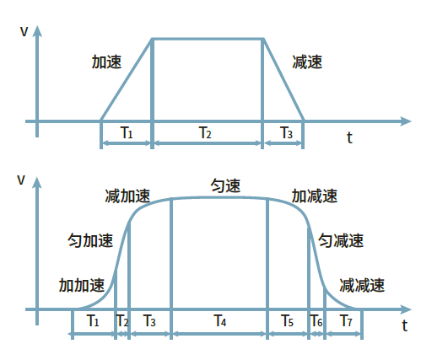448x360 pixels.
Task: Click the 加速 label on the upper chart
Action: pyautogui.click(x=106, y=62)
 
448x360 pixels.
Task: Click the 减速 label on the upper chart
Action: pyautogui.click(x=307, y=62)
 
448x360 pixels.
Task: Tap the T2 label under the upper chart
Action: pyautogui.click(x=205, y=132)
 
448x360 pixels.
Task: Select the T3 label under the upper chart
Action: pyautogui.click(x=286, y=132)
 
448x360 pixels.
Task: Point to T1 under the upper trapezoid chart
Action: pyautogui.click(x=127, y=132)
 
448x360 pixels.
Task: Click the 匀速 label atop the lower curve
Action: pyautogui.click(x=225, y=185)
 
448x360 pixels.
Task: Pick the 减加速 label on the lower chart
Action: pyautogui.click(x=127, y=196)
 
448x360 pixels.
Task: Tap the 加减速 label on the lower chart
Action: pyautogui.click(x=315, y=196)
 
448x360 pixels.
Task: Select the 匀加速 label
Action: pyautogui.click(x=90, y=240)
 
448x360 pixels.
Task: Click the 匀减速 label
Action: pyautogui.click(x=341, y=240)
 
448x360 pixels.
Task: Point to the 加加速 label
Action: pyautogui.click(x=82, y=285)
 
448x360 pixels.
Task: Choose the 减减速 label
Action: pyautogui.click(x=362, y=285)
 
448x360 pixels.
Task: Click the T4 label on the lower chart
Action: pyautogui.click(x=220, y=320)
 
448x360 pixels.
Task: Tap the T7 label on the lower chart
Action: pyautogui.click(x=346, y=320)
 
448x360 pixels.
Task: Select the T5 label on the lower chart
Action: pyautogui.click(x=287, y=320)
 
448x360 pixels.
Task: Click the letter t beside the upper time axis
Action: pyautogui.click(x=349, y=137)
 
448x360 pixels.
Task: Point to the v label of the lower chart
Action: pyautogui.click(x=21, y=180)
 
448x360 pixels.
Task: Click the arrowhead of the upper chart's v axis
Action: pyautogui.click(x=37, y=31)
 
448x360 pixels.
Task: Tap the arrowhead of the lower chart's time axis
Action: pyautogui.click(x=406, y=309)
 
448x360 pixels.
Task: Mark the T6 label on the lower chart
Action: pyautogui.click(x=316, y=320)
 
